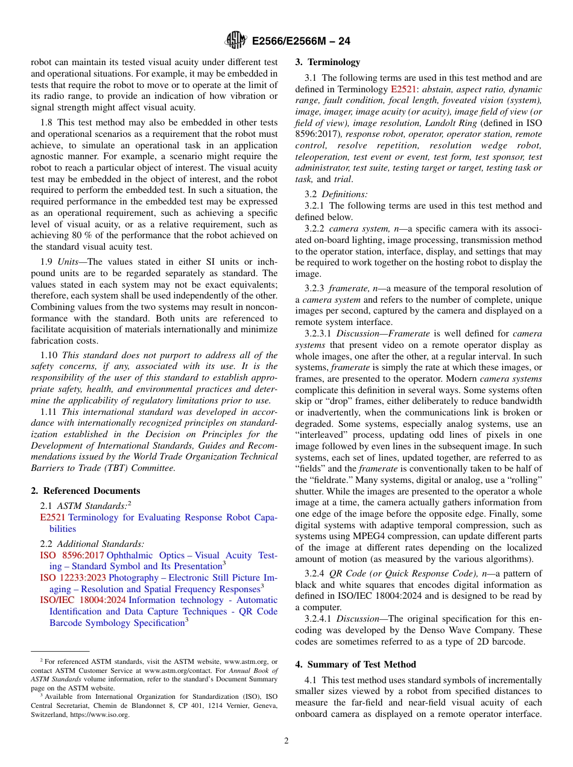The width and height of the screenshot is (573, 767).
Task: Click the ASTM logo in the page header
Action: [236, 40]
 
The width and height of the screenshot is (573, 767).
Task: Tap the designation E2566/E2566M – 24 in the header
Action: [301, 41]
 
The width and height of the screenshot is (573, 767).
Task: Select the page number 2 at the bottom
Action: [286, 741]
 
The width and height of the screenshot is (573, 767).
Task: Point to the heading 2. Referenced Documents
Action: [86, 491]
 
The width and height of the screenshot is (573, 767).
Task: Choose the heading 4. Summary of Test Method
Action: [355, 664]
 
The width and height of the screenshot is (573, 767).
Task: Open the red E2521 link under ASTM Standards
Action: [52, 517]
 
